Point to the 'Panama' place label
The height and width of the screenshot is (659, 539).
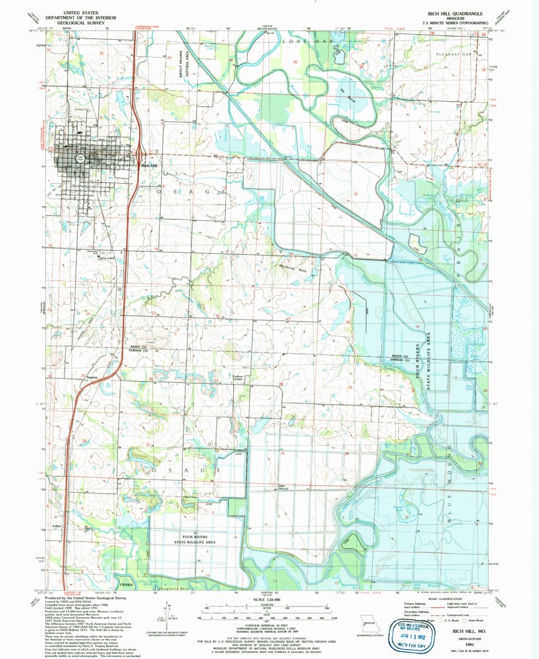coord(92,377)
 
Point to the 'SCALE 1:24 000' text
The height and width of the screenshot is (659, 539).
coord(269,599)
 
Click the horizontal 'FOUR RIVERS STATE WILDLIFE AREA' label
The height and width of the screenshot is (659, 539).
coord(194,539)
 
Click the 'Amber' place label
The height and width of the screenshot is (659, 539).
coord(58,526)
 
